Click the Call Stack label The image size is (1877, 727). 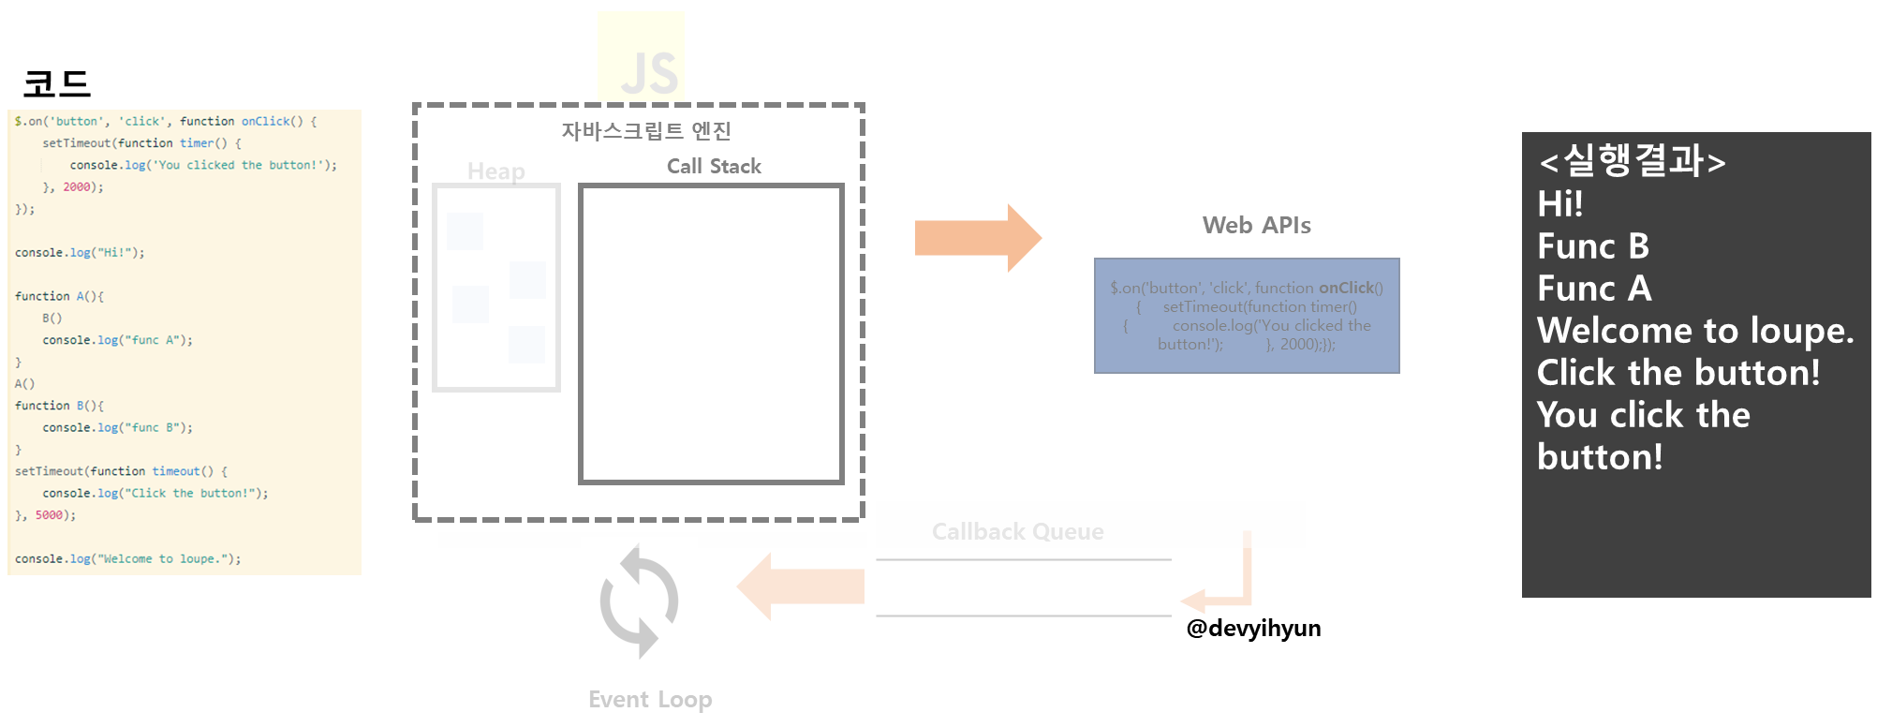tap(714, 167)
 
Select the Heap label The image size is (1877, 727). tap(495, 171)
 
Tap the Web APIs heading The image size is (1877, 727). tap(1256, 226)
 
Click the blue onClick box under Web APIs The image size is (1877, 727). tap(1247, 316)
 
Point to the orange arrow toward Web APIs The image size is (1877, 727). tap(977, 238)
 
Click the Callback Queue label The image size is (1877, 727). tap(1017, 532)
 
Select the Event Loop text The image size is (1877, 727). tap(650, 700)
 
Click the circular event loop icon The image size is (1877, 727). tap(640, 602)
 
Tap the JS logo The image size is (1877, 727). tap(642, 56)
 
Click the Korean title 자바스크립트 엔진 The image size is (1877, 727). tap(646, 131)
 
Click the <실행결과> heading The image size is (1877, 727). tap(1632, 161)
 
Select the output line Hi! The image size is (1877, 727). tap(1560, 204)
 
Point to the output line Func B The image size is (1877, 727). tap(1593, 246)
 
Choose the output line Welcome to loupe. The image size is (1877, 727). tap(1695, 331)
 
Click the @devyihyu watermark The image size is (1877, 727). tap(1246, 628)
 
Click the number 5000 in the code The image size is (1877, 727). tap(49, 515)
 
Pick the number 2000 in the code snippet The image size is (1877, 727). tap(76, 187)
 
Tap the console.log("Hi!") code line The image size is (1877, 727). tap(80, 253)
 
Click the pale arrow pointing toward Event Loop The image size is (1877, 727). tap(801, 586)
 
